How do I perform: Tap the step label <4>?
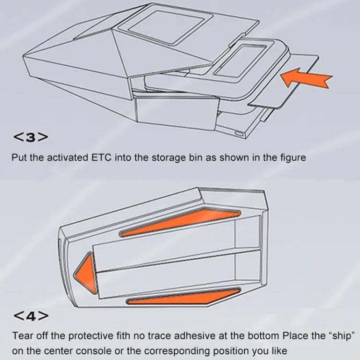[x=30, y=316]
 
